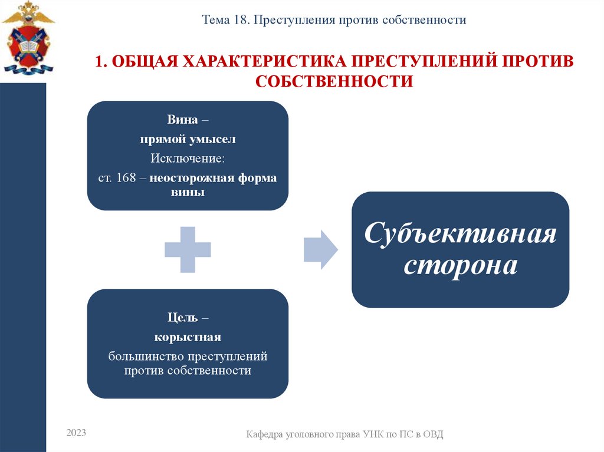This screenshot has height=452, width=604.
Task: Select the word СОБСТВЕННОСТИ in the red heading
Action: tap(334, 81)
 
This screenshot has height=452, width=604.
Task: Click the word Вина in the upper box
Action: tap(182, 119)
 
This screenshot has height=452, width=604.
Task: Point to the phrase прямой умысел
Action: tap(188, 140)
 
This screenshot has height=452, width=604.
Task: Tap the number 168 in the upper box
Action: tap(126, 178)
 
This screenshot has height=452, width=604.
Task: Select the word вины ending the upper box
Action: tap(188, 192)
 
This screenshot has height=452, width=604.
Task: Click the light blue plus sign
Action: tap(188, 249)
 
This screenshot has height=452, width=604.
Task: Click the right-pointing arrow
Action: tap(320, 249)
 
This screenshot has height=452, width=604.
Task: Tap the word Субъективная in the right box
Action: tap(460, 233)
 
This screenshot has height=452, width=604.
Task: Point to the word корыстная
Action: tap(188, 337)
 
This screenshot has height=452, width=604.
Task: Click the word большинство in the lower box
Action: tap(146, 357)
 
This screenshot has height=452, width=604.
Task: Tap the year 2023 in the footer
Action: tap(76, 433)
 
